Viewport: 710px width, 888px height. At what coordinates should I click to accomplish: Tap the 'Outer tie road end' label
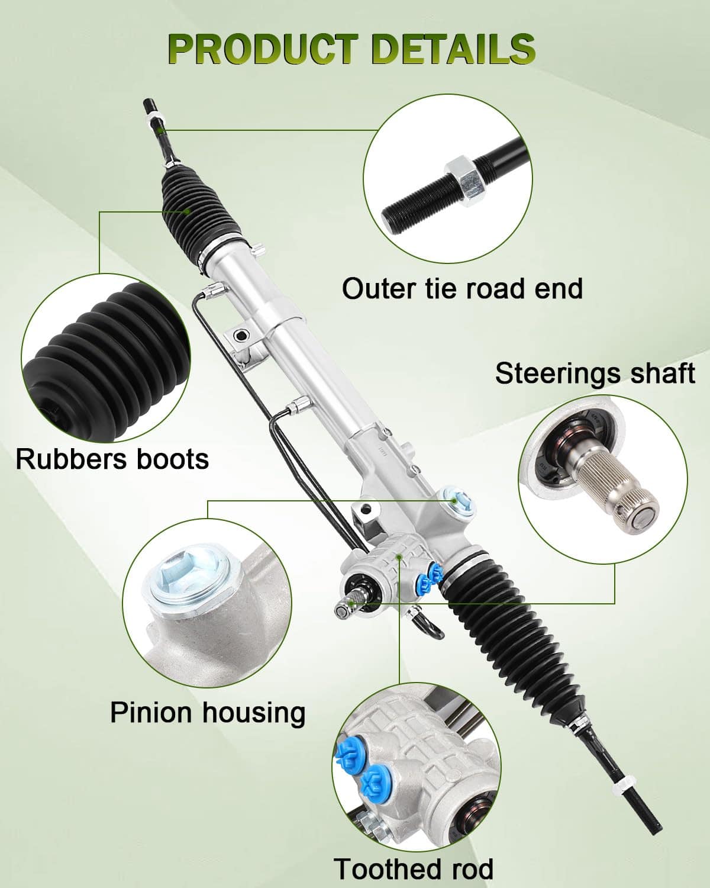pyautogui.click(x=462, y=288)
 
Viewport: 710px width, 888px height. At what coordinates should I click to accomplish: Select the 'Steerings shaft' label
pyautogui.click(x=595, y=374)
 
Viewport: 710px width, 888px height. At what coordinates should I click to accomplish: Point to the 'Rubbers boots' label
pyautogui.click(x=112, y=459)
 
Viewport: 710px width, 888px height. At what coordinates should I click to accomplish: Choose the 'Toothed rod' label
pyautogui.click(x=413, y=868)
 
